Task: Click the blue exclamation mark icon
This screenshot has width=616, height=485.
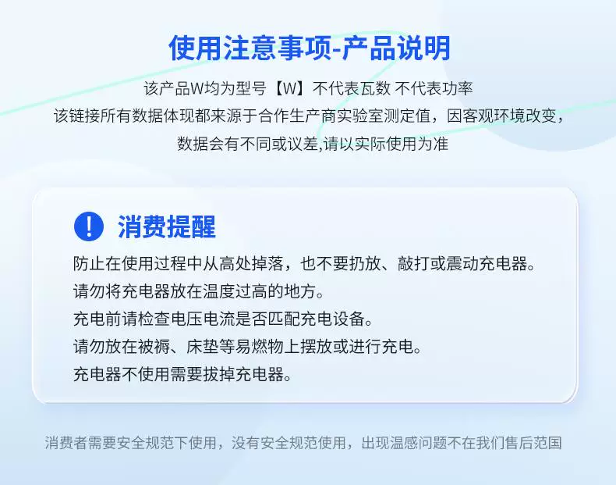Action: [x=89, y=226]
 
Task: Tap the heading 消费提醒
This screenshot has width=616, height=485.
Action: [x=167, y=227]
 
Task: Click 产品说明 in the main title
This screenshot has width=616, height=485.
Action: [x=396, y=48]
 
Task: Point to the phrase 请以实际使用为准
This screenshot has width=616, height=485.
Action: [x=386, y=144]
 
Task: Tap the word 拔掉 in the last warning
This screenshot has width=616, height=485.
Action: [x=219, y=374]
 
